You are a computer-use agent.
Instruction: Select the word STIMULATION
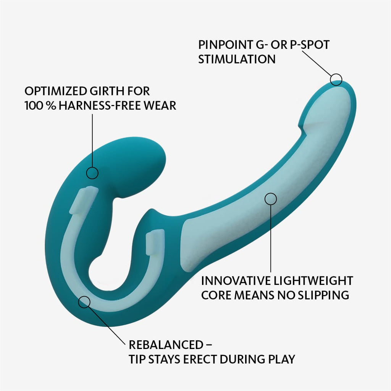coord(237,59)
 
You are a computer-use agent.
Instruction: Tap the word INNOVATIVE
coord(233,281)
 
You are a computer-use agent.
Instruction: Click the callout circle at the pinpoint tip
coord(336,79)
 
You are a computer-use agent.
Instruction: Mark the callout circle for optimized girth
coord(92,173)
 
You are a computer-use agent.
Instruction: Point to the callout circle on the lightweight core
coord(270,199)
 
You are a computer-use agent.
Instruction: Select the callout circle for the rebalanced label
coord(84,302)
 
